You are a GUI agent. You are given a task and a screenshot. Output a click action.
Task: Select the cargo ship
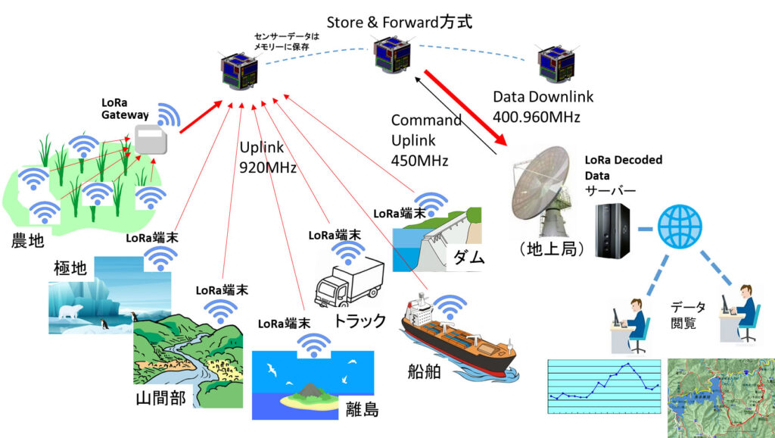[459, 341]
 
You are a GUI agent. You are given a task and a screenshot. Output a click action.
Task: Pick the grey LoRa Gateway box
[154, 140]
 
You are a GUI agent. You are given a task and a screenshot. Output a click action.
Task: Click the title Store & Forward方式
[400, 22]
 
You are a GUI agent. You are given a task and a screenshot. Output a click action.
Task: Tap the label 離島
[362, 409]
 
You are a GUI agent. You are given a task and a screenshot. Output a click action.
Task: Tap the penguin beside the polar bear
[106, 324]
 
